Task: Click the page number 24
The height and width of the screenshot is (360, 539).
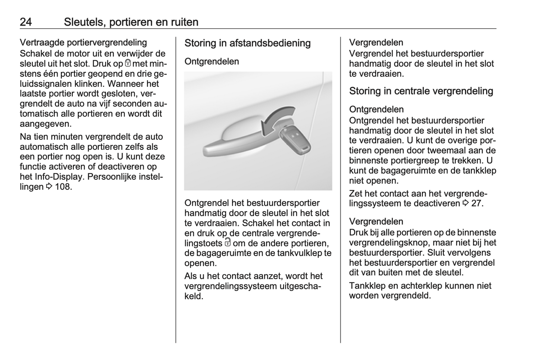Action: tap(26, 22)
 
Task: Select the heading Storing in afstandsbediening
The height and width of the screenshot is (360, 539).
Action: tap(247, 43)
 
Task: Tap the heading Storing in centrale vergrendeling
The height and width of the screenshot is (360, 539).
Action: tap(421, 91)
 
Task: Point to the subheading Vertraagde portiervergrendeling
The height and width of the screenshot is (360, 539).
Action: tap(83, 42)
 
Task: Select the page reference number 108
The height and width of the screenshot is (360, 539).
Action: tap(62, 187)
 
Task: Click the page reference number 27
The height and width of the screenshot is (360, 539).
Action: tap(476, 203)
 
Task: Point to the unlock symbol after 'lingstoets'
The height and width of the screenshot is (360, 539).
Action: tap(228, 243)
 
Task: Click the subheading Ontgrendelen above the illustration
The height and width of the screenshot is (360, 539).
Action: tap(211, 61)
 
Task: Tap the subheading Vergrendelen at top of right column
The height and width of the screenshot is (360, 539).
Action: tap(376, 42)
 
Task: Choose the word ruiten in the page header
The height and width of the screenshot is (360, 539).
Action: tap(185, 22)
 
